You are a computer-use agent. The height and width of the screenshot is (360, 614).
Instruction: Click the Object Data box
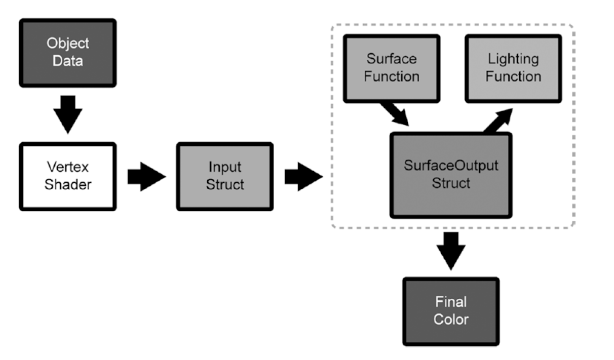(67, 53)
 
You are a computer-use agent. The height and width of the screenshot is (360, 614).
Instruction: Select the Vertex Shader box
(67, 176)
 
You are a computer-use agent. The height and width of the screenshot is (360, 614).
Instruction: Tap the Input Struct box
(224, 176)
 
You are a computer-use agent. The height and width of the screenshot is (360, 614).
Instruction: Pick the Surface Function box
(392, 67)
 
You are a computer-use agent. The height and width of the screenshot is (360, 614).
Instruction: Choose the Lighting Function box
(513, 67)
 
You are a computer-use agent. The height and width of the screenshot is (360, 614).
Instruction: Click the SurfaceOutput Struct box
(451, 175)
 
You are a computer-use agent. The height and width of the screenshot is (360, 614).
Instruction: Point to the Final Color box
(451, 311)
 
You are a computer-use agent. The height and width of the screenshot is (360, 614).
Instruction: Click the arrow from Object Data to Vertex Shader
(67, 114)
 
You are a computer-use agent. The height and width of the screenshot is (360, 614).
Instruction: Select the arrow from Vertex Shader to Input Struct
(146, 177)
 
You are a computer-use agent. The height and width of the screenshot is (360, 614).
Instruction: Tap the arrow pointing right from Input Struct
(303, 177)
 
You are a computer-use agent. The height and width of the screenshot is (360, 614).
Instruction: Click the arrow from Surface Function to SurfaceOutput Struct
(395, 114)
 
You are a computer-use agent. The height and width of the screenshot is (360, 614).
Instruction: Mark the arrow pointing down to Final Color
(450, 250)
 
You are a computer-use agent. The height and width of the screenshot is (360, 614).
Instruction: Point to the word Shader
(67, 184)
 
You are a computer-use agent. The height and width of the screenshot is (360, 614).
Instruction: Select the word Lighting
(513, 59)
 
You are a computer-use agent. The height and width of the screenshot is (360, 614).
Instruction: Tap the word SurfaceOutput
(451, 167)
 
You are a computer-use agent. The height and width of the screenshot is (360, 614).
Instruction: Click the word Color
(451, 319)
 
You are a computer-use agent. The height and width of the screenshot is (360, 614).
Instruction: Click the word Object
(67, 44)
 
